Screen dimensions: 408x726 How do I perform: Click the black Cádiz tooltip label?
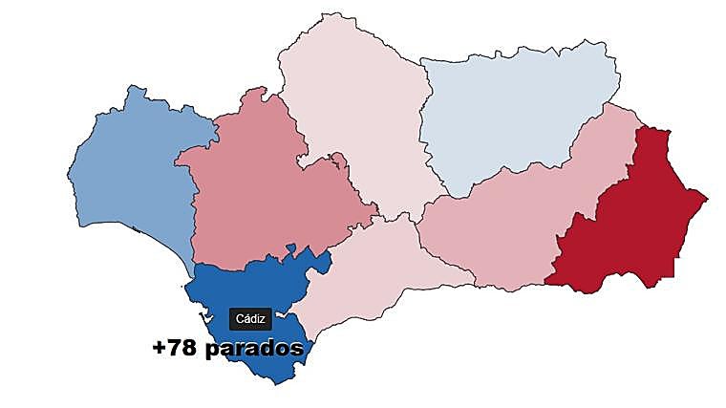(x=250, y=319)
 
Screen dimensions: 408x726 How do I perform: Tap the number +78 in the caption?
(x=174, y=349)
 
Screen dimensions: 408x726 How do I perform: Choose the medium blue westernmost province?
(x=134, y=172)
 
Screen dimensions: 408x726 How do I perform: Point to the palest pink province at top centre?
(x=353, y=115)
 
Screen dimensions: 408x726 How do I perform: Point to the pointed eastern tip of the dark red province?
(x=707, y=198)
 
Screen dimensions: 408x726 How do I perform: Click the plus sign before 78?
(x=160, y=349)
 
